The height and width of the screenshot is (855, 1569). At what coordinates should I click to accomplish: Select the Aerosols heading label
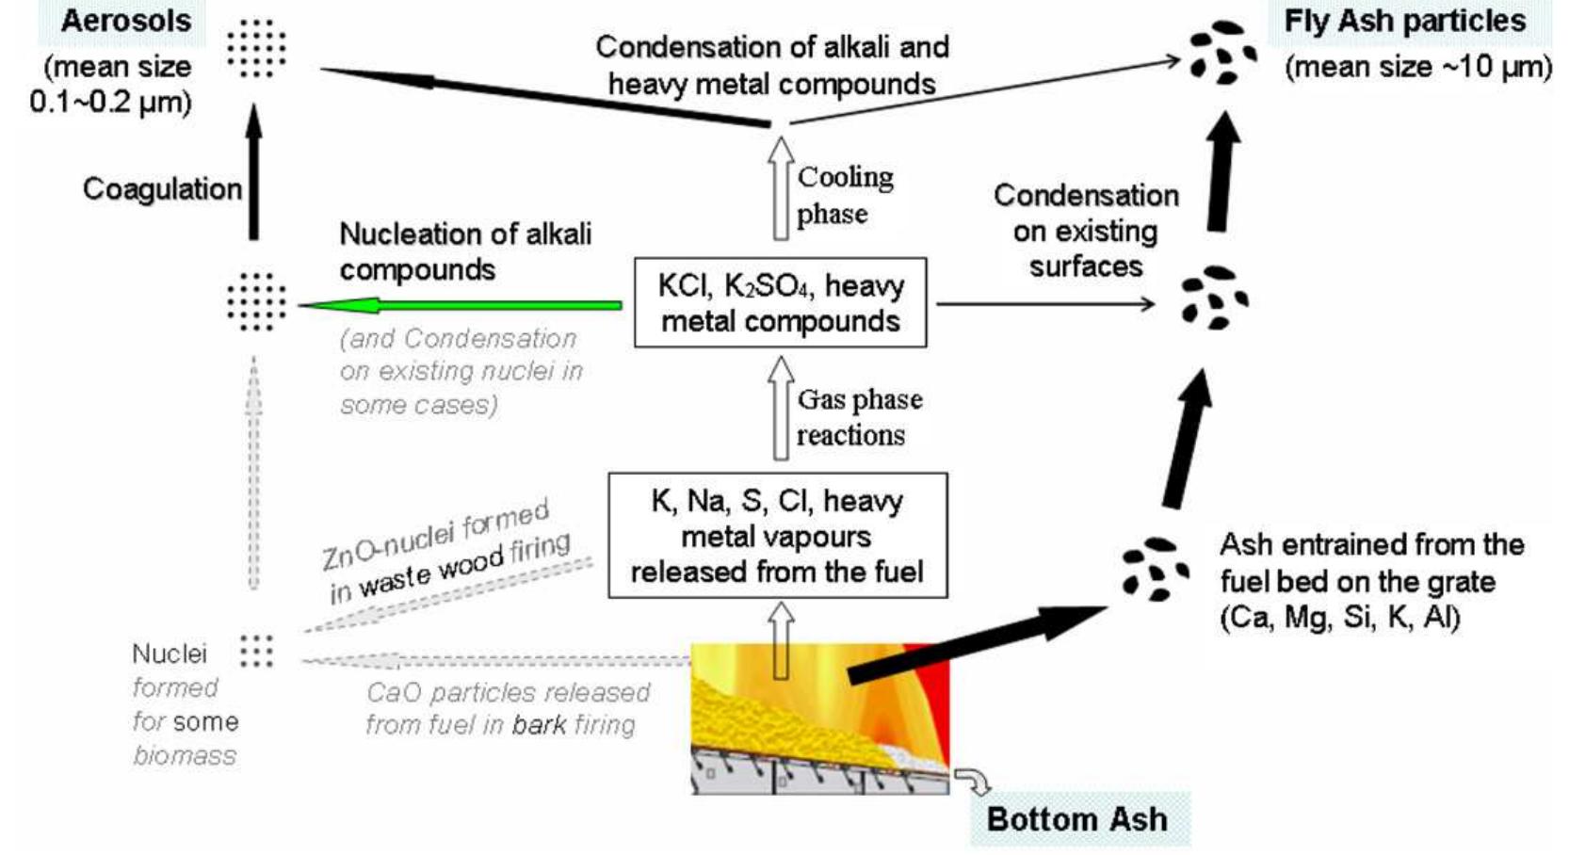tap(125, 22)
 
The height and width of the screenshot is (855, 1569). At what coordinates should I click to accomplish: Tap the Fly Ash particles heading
tap(1404, 22)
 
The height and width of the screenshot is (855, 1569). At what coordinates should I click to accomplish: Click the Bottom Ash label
tap(1076, 818)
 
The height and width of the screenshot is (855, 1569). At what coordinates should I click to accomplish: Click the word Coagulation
tap(162, 188)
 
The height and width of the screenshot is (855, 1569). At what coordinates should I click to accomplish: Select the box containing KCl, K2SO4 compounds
tap(780, 302)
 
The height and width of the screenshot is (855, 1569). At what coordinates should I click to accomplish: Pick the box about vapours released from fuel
tap(777, 536)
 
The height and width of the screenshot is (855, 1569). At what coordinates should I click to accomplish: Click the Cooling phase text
tap(845, 195)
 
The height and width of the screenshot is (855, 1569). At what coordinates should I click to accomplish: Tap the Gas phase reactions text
tap(858, 417)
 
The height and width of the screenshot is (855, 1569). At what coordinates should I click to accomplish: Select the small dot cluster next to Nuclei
tap(256, 651)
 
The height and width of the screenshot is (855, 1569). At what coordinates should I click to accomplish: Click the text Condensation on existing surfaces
tap(1085, 231)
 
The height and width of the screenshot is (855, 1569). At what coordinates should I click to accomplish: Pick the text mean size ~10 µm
tap(1417, 68)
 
